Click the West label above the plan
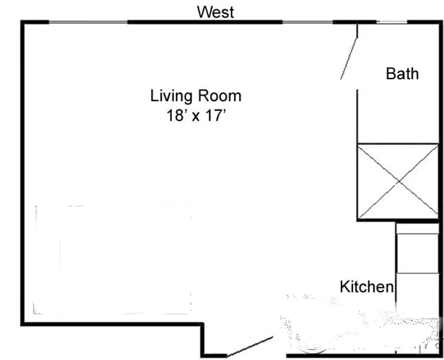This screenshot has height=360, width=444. [215, 12]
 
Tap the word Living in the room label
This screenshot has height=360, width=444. [171, 96]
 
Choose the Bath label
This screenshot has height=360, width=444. [402, 73]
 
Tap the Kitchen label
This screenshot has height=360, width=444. [366, 286]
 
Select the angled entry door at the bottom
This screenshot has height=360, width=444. [250, 346]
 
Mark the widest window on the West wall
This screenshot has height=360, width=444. [88, 22]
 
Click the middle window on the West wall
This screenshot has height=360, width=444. [307, 22]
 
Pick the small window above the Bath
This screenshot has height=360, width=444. [391, 22]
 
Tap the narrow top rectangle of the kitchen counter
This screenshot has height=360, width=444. [417, 229]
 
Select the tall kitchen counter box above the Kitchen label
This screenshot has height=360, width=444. [417, 253]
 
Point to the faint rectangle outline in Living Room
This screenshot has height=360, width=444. [112, 260]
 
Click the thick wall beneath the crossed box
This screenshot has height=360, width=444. [398, 220]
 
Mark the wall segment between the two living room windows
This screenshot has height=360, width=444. [205, 22]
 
